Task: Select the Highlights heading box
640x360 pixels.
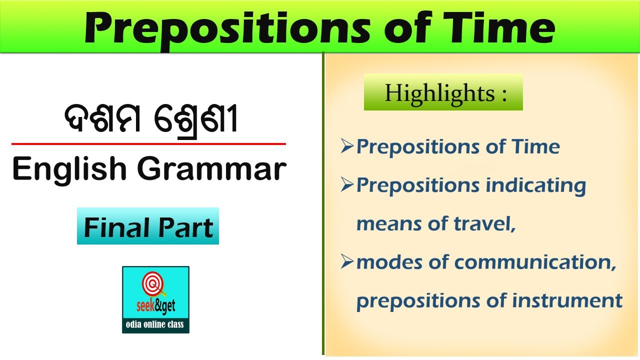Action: (x=443, y=92)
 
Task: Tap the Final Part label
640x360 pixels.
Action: (x=148, y=226)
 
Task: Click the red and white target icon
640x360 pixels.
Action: (x=153, y=284)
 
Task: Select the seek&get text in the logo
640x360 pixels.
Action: (x=155, y=306)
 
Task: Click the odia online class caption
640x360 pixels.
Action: (x=155, y=324)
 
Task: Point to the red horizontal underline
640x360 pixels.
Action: (x=148, y=144)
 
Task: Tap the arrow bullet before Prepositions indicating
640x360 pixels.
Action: (x=347, y=184)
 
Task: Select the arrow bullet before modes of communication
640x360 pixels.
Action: (x=347, y=261)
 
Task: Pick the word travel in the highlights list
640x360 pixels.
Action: (x=485, y=223)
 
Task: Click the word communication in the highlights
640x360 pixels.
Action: (x=535, y=262)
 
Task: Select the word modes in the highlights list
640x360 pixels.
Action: (x=389, y=262)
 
